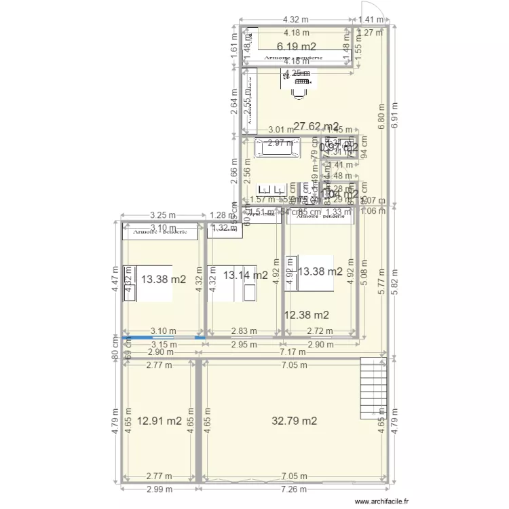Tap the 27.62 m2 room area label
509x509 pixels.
click(x=316, y=126)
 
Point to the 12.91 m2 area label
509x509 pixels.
click(x=160, y=421)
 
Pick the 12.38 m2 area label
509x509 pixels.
click(x=307, y=314)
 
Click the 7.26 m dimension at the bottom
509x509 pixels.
click(x=294, y=489)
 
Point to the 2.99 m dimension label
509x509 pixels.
click(x=159, y=489)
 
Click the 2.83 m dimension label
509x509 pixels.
click(x=244, y=331)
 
